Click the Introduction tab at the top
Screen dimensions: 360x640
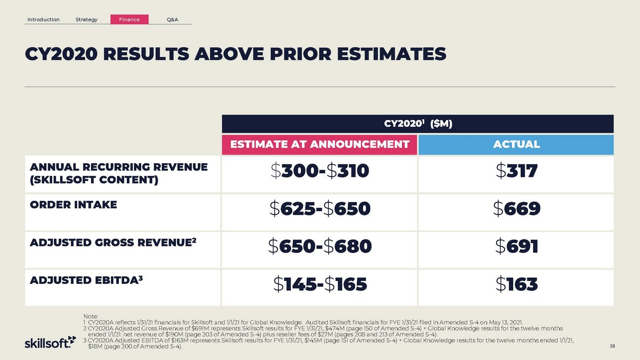(x=43, y=20)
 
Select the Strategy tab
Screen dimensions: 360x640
(x=86, y=20)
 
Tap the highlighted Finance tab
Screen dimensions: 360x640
(x=130, y=20)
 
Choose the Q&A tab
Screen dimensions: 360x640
(x=172, y=20)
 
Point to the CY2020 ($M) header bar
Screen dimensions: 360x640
(x=418, y=124)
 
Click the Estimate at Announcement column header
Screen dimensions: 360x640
(x=319, y=144)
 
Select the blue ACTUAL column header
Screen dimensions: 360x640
(x=516, y=144)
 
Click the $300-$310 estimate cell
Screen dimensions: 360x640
(x=319, y=172)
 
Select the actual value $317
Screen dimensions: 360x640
(x=516, y=172)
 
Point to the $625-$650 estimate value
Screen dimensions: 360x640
(x=319, y=209)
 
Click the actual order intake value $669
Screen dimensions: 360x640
(x=516, y=209)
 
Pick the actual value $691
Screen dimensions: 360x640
(x=516, y=246)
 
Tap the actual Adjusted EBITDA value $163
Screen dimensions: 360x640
(x=516, y=284)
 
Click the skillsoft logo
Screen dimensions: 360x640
(x=47, y=343)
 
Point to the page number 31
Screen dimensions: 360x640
(x=612, y=347)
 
